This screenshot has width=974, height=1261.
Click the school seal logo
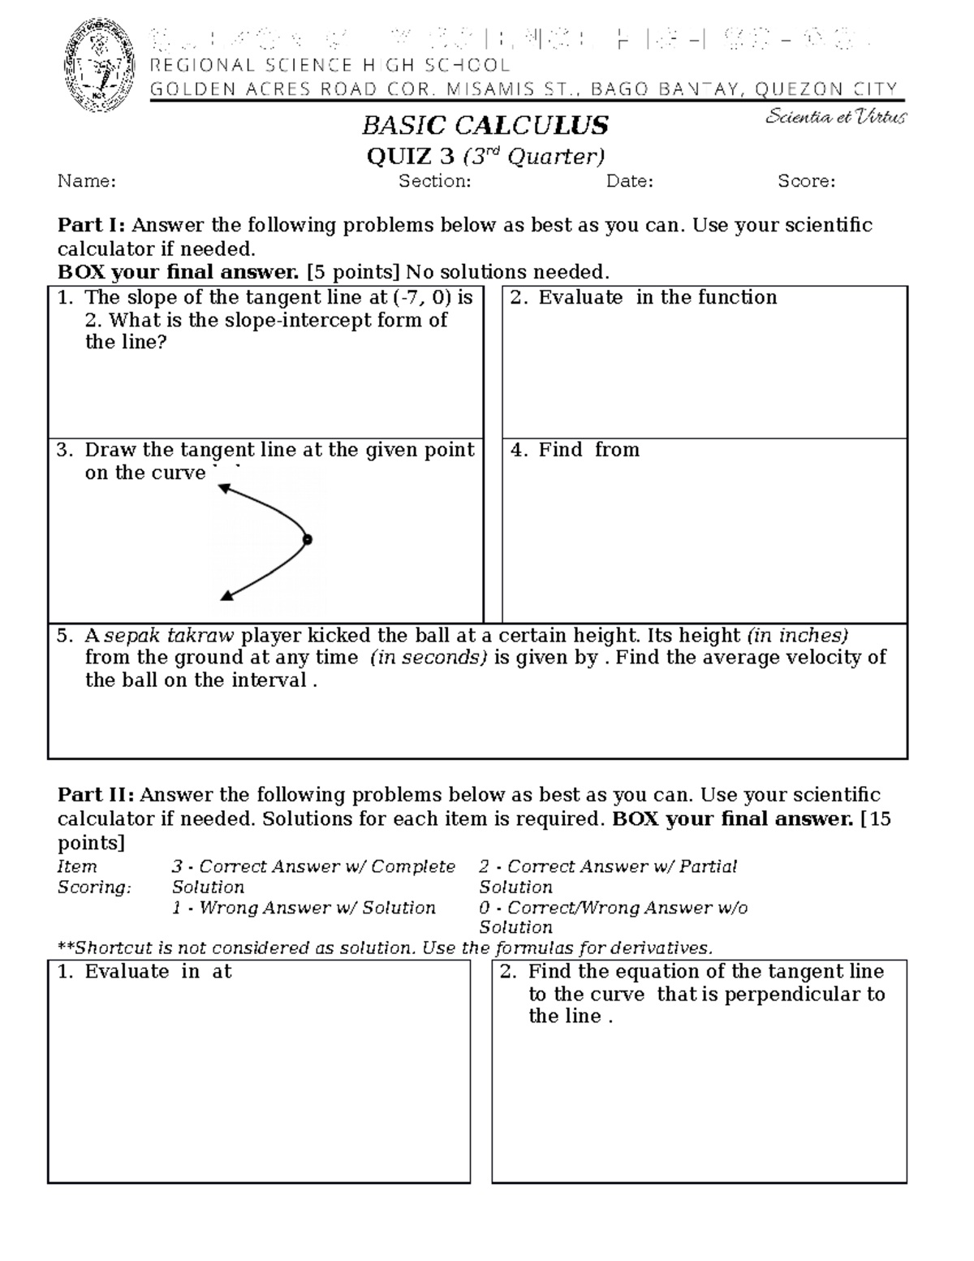tap(98, 66)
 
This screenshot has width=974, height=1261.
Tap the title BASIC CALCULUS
tap(485, 126)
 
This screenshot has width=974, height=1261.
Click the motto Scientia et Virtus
tap(836, 118)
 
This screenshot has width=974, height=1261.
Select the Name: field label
tap(86, 181)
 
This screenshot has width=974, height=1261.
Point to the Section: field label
tap(434, 181)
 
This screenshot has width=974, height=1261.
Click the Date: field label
tap(629, 181)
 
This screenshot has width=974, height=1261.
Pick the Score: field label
tap(806, 181)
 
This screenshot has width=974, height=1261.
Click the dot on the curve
tap(308, 539)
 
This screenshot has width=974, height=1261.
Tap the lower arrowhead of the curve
tap(227, 596)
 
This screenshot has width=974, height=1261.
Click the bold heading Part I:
tap(91, 225)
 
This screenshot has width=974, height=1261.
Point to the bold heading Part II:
tap(95, 795)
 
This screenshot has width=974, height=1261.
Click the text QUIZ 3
tap(410, 156)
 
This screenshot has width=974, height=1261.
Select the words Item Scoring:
tap(93, 877)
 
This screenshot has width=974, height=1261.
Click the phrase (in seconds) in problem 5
tap(428, 658)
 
